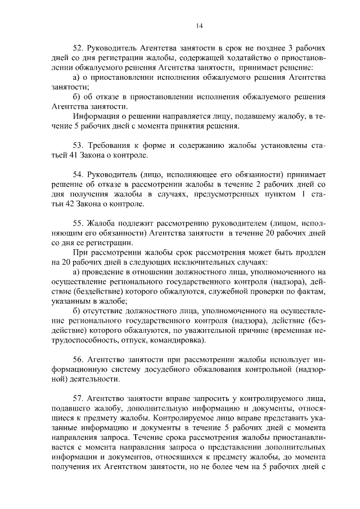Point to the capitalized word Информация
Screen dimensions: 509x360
point(96,116)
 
